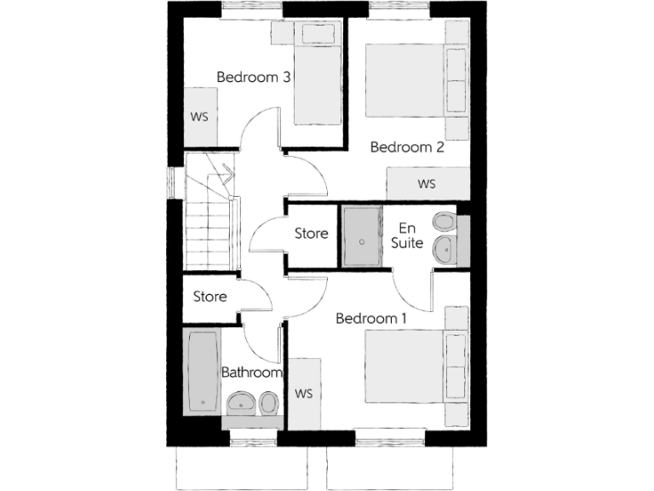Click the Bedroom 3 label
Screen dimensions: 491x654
(x=254, y=77)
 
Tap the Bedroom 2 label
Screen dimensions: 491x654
(x=407, y=147)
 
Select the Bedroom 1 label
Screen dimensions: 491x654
(x=370, y=318)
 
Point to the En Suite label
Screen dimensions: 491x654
(x=407, y=235)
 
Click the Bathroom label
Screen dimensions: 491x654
(x=251, y=373)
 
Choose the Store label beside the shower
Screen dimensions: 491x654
(x=311, y=233)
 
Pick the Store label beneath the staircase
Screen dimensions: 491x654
(x=209, y=297)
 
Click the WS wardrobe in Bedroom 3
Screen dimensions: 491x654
(x=199, y=116)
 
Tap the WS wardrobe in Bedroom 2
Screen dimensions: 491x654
(x=427, y=183)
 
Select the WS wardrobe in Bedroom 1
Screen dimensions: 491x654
(x=304, y=394)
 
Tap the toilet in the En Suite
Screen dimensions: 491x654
(x=445, y=223)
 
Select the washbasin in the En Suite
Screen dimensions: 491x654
(x=444, y=249)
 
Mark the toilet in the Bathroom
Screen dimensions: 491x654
(x=268, y=401)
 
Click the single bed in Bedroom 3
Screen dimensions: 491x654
(x=317, y=77)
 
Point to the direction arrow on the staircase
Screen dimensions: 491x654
(x=227, y=172)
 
